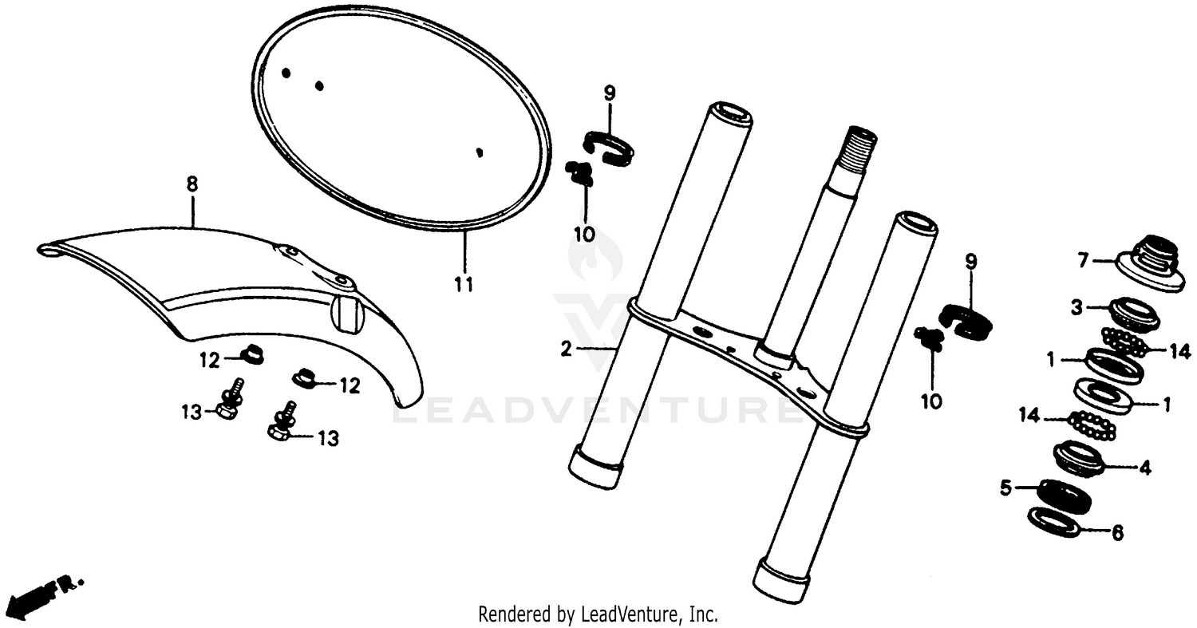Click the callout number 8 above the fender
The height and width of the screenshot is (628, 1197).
[192, 184]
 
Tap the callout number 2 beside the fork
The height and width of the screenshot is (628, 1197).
[566, 349]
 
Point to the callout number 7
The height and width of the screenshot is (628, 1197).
[1083, 260]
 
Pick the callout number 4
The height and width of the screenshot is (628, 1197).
[1145, 469]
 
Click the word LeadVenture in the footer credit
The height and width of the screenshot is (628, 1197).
[638, 615]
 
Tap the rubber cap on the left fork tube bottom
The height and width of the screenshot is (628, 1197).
[596, 468]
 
